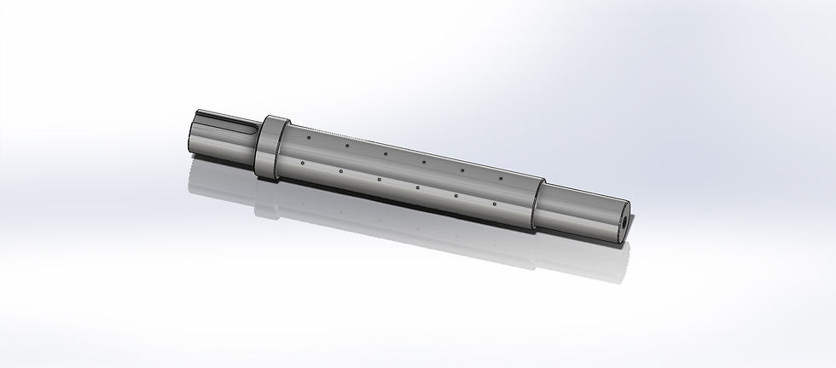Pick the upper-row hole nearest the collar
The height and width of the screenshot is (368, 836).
tap(308, 136)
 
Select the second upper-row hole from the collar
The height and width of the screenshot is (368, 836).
tap(346, 146)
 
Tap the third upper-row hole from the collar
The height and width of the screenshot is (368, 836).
tap(385, 154)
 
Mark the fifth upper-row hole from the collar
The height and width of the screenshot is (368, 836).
tap(462, 170)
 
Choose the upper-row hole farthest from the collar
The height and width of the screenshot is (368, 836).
tap(501, 177)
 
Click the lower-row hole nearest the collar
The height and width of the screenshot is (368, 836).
tap(302, 163)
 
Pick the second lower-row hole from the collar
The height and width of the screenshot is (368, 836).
tap(340, 171)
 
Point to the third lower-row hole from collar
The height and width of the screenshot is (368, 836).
tap(378, 180)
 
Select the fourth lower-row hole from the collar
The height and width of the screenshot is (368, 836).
tap(417, 187)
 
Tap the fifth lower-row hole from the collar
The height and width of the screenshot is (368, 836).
tap(456, 196)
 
